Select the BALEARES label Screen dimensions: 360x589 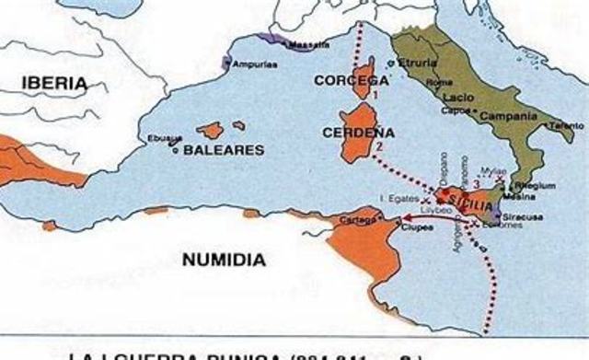pyautogui.click(x=224, y=149)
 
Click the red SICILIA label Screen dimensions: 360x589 pyautogui.click(x=468, y=194)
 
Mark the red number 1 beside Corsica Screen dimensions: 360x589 pyautogui.click(x=375, y=93)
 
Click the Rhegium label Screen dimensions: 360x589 pyautogui.click(x=540, y=185)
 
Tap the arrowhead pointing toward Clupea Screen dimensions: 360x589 pyautogui.click(x=404, y=218)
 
